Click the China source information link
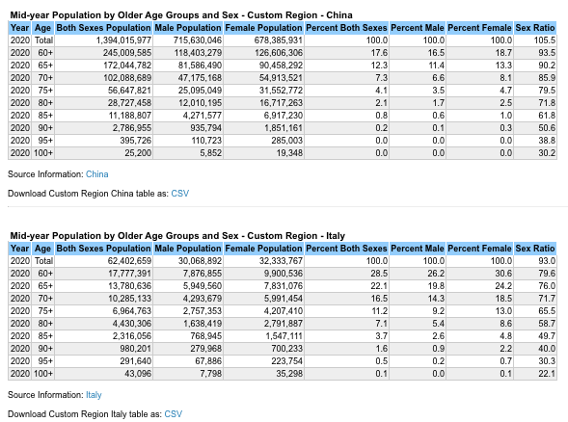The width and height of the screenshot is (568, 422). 96,174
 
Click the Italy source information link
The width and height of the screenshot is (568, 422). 94,395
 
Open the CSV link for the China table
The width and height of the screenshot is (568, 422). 179,194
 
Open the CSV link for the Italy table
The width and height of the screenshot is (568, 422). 174,414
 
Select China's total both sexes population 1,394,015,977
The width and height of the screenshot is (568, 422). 123,40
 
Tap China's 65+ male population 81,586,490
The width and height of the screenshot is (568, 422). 200,66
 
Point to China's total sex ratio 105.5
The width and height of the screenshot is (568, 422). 545,40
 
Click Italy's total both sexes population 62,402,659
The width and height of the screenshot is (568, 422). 129,261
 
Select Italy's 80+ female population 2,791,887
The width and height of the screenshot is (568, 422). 283,324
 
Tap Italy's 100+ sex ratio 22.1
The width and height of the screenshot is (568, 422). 547,374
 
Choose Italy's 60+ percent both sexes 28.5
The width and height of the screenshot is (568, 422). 379,274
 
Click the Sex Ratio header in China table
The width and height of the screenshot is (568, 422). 535,28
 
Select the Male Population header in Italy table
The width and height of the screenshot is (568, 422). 188,249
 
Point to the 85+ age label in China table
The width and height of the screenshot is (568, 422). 45,115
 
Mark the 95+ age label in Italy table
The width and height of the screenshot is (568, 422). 45,361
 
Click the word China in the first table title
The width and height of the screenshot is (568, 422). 339,15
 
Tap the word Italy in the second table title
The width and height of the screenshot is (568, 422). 336,236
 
